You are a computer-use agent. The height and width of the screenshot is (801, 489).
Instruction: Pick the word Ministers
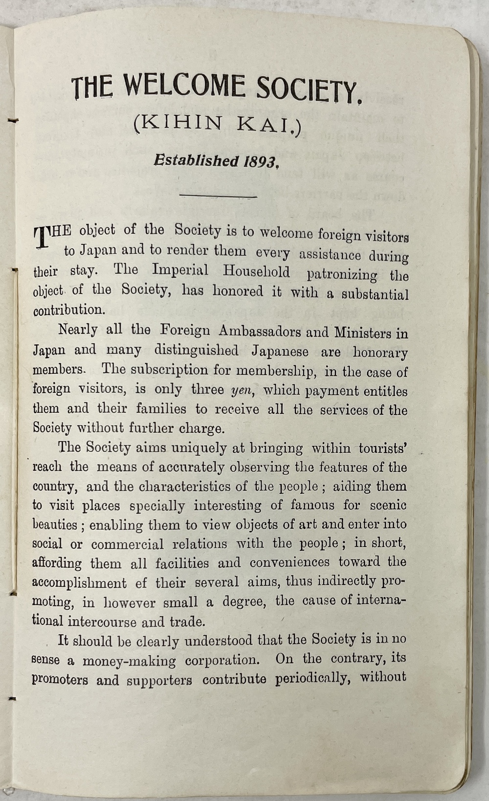pyautogui.click(x=364, y=333)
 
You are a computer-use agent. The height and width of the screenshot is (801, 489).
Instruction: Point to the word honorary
pyautogui.click(x=380, y=353)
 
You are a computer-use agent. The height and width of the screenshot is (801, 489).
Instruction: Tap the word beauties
pyautogui.click(x=54, y=525)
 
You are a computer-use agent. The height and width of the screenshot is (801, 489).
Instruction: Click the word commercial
pyautogui.click(x=127, y=544)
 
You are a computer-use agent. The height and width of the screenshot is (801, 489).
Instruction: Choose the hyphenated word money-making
pyautogui.click(x=129, y=661)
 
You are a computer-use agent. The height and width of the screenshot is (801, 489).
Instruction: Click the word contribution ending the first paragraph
pyautogui.click(x=68, y=310)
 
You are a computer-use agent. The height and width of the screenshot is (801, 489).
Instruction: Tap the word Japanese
pyautogui.click(x=280, y=351)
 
